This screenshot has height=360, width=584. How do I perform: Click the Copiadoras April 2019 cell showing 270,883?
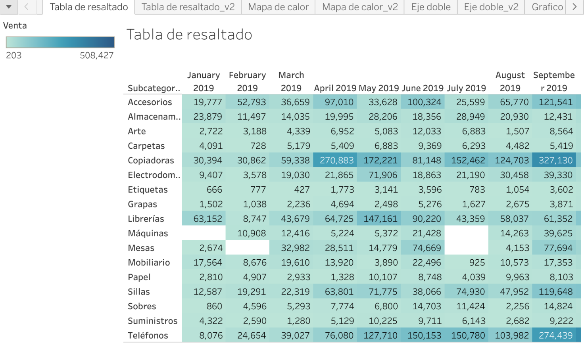tap(336, 160)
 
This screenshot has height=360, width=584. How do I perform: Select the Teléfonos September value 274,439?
tap(555, 335)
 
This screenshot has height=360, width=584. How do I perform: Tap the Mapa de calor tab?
tap(278, 7)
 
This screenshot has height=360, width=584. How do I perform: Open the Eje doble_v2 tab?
tap(491, 7)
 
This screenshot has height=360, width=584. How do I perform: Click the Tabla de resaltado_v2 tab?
tap(188, 7)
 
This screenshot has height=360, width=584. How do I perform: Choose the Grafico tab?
tap(547, 7)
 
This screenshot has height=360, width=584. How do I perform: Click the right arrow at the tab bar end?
tap(574, 7)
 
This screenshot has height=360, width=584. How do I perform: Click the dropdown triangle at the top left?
tap(9, 7)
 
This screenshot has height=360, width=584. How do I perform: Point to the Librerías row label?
tap(146, 219)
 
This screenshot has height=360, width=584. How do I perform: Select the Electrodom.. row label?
tap(154, 175)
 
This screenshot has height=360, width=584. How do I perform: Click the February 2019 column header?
tap(247, 81)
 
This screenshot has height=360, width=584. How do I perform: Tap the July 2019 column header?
tap(466, 88)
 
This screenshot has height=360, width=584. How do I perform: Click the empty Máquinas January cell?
tap(204, 233)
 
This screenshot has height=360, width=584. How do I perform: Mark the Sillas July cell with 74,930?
tap(470, 292)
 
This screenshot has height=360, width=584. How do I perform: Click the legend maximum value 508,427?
tap(96, 56)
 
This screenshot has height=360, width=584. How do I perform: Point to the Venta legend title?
tap(15, 26)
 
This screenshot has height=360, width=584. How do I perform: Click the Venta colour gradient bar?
tap(60, 42)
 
